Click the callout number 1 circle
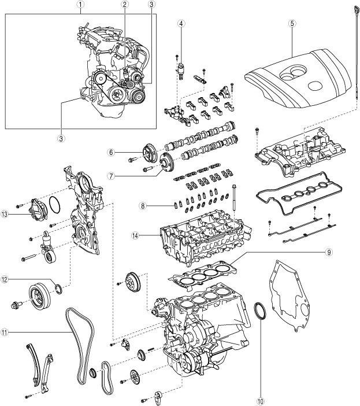pos(81,4)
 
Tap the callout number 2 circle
pos(125,4)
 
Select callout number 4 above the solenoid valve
pos(181,24)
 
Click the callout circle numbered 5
pos(292,24)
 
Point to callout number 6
pos(111,152)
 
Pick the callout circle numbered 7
pos(111,176)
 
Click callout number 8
pos(143,206)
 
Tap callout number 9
pos(328,253)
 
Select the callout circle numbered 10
pos(261,401)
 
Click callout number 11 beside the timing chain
pos(5,332)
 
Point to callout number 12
pos(5,279)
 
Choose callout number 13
pos(5,215)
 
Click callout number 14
pos(135,235)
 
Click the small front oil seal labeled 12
pos(59,289)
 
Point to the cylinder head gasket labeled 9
pos(203,277)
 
